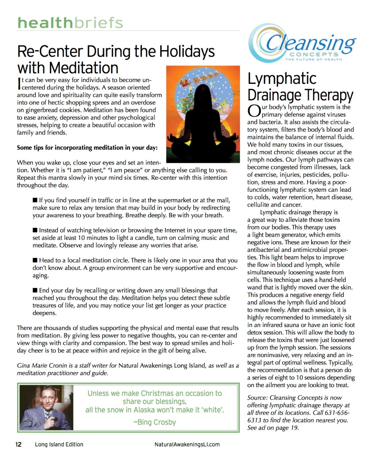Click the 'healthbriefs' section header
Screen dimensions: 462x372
click(x=70, y=23)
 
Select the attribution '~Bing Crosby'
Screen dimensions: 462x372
click(x=154, y=422)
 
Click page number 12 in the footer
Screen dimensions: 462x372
click(x=19, y=444)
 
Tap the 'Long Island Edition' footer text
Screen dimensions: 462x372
click(x=59, y=444)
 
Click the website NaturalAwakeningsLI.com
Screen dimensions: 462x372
click(x=187, y=444)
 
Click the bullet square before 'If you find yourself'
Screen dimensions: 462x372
click(x=35, y=200)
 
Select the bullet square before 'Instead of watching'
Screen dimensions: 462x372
click(x=35, y=230)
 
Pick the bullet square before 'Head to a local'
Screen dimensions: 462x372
click(x=35, y=260)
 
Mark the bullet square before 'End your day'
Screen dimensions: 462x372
click(x=35, y=290)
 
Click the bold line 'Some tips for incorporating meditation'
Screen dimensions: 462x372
click(x=87, y=147)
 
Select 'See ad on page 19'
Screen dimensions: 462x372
click(x=273, y=428)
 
